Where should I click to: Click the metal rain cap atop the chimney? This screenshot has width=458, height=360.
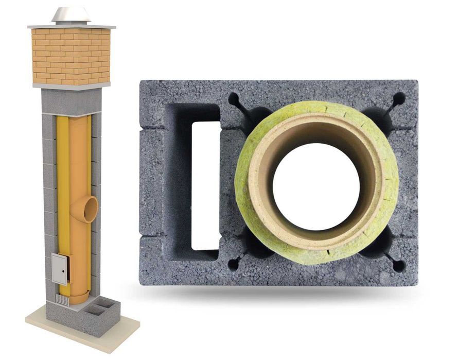pyautogui.click(x=71, y=15)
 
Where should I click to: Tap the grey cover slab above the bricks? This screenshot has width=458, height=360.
pyautogui.click(x=71, y=26)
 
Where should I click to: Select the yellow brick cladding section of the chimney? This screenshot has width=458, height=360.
pyautogui.click(x=71, y=56)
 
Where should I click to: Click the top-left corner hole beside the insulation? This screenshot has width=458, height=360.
pyautogui.click(x=233, y=98)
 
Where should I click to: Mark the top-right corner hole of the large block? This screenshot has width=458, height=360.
pyautogui.click(x=399, y=98)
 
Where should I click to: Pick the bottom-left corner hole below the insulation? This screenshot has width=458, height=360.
pyautogui.click(x=232, y=265)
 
